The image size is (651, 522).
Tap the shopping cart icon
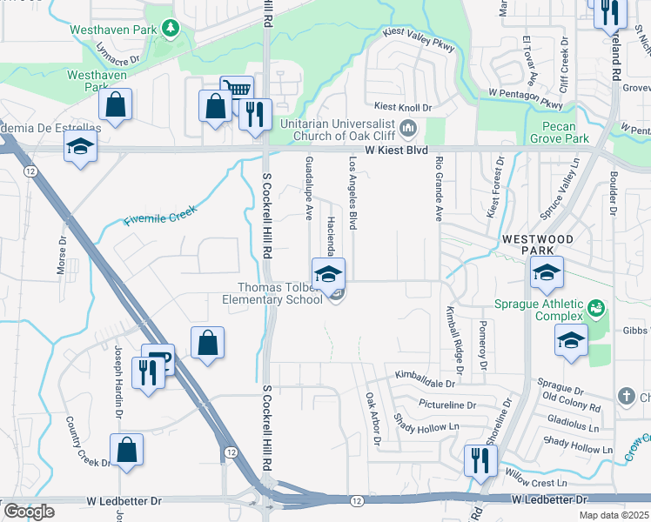pos(237,89)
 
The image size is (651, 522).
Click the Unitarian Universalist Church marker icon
pos(408,130)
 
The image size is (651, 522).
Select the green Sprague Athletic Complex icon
pos(596,308)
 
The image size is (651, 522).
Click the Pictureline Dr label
pos(446,405)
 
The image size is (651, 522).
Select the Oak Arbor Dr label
pos(372,419)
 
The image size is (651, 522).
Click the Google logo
pos(29,512)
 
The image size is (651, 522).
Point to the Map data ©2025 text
pos(614,515)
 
